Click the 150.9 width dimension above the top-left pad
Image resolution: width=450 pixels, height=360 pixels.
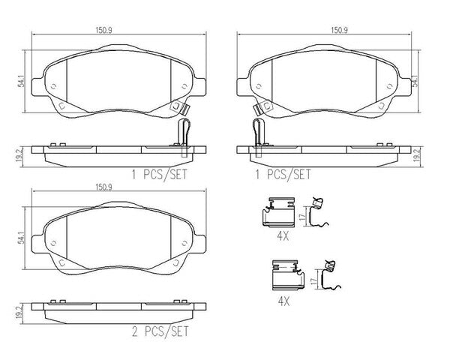(103, 30)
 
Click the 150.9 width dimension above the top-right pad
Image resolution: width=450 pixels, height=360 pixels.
(340, 30)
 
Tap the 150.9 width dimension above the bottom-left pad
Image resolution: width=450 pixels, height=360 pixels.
(103, 187)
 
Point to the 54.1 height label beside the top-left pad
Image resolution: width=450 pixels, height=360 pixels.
(21, 81)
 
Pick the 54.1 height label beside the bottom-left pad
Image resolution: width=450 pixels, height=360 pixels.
(21, 238)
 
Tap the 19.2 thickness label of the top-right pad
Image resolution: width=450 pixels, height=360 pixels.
(417, 156)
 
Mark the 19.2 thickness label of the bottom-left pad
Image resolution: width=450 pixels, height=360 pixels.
(19, 312)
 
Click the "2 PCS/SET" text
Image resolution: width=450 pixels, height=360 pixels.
(160, 331)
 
